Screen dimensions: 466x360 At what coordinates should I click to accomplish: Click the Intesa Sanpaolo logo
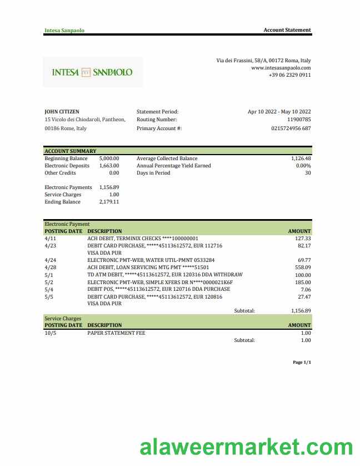click(92, 72)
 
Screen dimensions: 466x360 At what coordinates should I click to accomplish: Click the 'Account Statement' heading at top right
click(287, 30)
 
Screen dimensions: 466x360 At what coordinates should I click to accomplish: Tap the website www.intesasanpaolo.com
click(281, 67)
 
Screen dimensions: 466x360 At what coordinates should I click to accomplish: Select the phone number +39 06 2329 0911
click(289, 75)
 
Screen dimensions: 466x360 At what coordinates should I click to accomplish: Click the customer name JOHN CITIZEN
click(62, 112)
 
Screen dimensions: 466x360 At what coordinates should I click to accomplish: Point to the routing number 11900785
click(299, 120)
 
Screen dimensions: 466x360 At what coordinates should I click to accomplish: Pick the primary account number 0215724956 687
click(291, 128)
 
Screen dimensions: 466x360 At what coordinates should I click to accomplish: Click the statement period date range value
click(279, 112)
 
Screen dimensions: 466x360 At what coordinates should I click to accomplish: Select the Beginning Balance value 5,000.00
click(109, 158)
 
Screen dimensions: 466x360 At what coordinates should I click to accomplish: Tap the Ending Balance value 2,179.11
click(109, 202)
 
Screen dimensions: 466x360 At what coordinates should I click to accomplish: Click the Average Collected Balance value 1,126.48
click(301, 158)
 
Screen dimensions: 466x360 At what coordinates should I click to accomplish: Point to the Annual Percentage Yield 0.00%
click(303, 166)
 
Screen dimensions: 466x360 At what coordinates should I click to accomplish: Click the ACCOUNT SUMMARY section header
click(71, 151)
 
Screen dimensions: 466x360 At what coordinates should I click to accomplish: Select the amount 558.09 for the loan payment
click(302, 267)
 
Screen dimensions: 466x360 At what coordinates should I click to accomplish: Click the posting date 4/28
click(50, 267)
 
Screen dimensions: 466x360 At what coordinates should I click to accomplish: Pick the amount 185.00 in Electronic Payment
click(302, 282)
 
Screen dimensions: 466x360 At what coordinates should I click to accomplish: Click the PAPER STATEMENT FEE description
click(116, 333)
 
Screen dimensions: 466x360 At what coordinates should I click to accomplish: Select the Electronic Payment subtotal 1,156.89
click(301, 311)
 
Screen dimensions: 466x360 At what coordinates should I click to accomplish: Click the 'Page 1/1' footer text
click(302, 363)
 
